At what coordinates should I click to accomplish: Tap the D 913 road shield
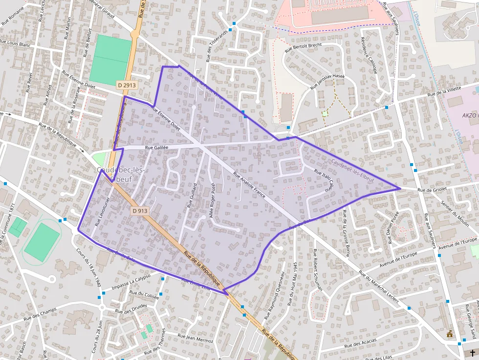(x=140, y=211)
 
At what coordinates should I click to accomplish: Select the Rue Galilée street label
(x=156, y=147)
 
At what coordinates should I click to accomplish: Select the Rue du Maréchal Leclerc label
(x=378, y=288)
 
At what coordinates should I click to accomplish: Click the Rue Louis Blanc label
(x=16, y=44)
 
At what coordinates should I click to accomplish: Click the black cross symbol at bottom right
(x=472, y=352)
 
